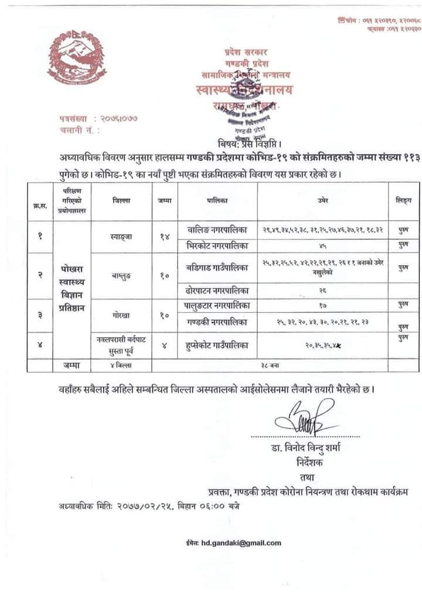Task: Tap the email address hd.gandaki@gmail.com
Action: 233,543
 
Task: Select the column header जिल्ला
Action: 121,201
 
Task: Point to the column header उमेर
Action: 322,201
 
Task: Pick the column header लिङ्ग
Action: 403,201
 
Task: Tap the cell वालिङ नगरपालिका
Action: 216,230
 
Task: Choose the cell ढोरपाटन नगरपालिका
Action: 216,290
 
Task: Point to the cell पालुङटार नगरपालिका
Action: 216,304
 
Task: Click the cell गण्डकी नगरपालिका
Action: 216,322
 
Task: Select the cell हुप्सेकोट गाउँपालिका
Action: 216,345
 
